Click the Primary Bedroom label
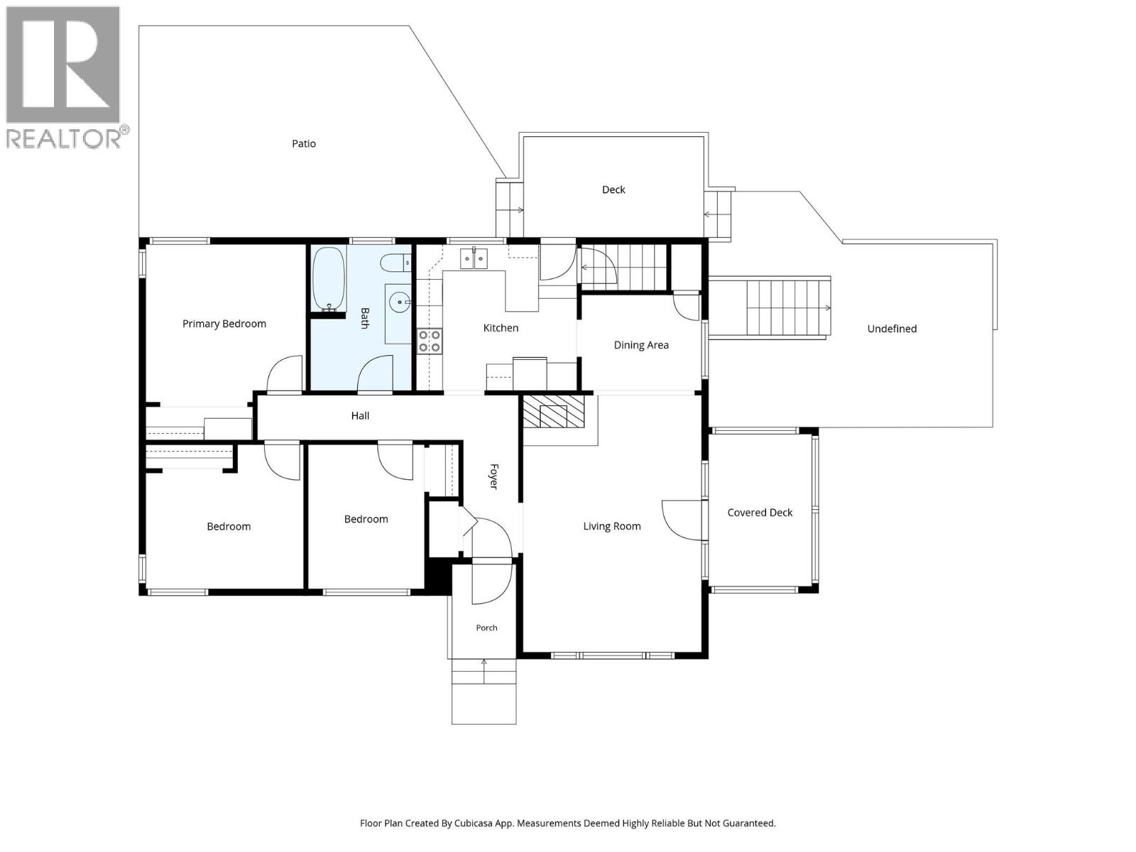click(x=224, y=324)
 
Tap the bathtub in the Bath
click(x=329, y=279)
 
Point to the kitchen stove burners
click(x=430, y=342)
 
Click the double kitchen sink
click(x=474, y=258)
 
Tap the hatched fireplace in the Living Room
click(x=553, y=412)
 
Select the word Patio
click(x=304, y=144)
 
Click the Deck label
click(x=613, y=190)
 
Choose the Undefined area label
click(x=892, y=329)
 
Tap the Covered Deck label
click(x=760, y=513)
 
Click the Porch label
click(x=486, y=628)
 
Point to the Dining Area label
click(x=641, y=345)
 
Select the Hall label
click(x=360, y=416)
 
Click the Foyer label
click(x=494, y=476)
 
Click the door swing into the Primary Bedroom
click(x=285, y=373)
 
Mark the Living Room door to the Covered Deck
click(x=683, y=520)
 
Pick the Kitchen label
click(x=501, y=328)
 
